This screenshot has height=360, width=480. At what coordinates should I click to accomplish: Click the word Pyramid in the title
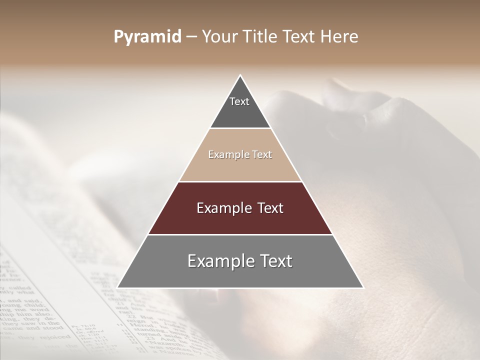(147, 37)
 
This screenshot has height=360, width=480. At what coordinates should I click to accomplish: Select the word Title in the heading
(263, 37)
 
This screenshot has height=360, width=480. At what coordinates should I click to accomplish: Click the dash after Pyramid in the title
(191, 37)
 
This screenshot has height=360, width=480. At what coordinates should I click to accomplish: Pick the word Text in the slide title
(302, 37)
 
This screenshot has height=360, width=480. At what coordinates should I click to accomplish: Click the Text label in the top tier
(239, 101)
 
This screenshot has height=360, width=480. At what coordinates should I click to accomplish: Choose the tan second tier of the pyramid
(240, 165)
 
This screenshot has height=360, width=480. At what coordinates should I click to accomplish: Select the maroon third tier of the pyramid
(240, 220)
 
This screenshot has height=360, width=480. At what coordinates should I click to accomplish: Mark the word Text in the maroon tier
(270, 208)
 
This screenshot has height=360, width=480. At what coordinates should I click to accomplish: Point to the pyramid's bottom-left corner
(117, 287)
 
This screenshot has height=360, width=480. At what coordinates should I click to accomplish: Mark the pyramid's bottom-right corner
(363, 287)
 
